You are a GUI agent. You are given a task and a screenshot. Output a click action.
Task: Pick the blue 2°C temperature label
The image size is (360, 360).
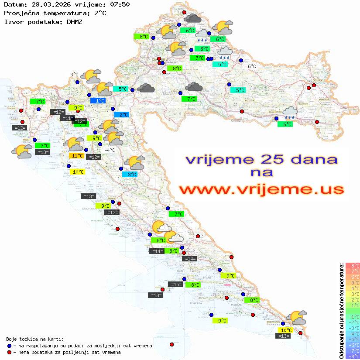[121, 114]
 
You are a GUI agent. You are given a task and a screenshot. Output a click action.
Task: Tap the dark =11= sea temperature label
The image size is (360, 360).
[67, 118]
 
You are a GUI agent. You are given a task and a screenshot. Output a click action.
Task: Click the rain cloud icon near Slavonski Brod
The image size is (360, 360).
[290, 113]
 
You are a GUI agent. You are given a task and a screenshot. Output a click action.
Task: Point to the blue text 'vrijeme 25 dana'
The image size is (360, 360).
[261, 159]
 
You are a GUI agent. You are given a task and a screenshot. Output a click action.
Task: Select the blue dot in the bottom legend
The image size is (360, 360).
[10, 346]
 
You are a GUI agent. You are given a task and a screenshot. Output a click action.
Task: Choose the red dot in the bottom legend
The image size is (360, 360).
[10, 352]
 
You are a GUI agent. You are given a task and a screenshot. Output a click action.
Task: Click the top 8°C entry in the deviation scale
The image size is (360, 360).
[353, 265]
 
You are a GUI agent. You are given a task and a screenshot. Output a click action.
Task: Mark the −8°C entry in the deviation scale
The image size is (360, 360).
[353, 356]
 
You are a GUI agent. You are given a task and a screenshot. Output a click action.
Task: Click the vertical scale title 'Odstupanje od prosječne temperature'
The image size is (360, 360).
[341, 311]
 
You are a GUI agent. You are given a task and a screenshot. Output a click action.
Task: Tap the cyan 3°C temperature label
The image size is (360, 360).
[129, 174]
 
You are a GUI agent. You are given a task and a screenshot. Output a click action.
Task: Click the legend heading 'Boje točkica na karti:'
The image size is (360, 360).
[35, 339]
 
